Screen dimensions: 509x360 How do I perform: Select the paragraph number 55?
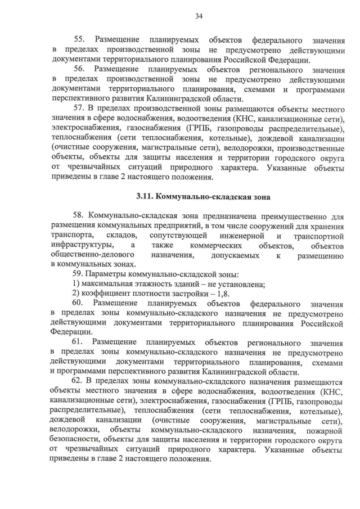click(80, 40)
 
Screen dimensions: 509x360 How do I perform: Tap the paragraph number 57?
click(80, 107)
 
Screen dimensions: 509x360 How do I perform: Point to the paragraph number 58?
click(80, 215)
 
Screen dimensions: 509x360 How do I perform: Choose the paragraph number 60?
click(79, 304)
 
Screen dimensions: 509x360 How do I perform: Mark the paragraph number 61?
click(79, 343)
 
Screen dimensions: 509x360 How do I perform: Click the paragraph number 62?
click(80, 381)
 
